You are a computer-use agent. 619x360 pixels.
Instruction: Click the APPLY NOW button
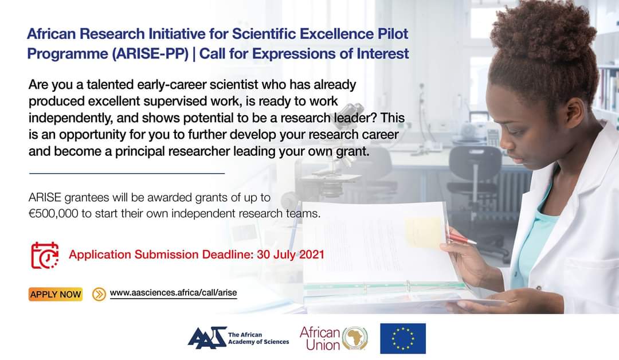point(55,294)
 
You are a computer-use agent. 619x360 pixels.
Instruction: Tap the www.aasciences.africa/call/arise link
point(173,293)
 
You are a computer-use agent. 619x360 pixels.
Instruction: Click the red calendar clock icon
point(45,255)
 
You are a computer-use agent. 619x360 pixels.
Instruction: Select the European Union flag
point(403,338)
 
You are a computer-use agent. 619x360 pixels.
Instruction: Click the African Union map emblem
point(355,338)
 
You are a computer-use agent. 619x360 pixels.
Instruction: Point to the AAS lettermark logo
point(206,338)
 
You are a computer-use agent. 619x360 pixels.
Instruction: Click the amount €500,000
point(53,214)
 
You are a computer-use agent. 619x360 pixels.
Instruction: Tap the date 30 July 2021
point(291,254)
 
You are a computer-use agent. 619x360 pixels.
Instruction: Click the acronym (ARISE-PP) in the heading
point(150,54)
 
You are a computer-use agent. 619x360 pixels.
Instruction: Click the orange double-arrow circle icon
point(99,294)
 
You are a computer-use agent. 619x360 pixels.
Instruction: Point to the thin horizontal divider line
point(127,173)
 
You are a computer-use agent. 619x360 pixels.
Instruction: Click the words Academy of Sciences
point(258,342)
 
